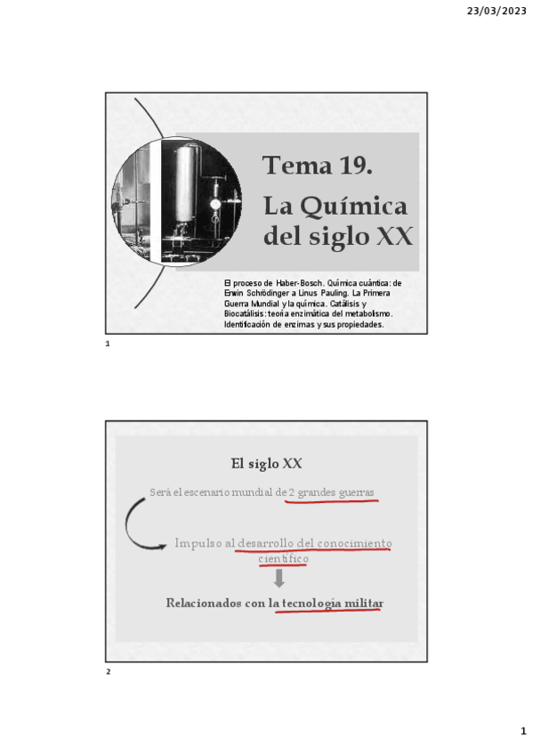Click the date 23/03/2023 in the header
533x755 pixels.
point(496,11)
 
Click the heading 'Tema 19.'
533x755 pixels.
point(317,166)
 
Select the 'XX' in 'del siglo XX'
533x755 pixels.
point(394,237)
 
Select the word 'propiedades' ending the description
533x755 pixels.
point(357,325)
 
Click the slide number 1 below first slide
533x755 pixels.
point(107,344)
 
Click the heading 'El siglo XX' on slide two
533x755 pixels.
point(266,464)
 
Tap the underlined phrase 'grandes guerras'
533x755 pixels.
point(335,492)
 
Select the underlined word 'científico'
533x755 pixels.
point(284,558)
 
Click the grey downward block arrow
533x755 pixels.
point(279,579)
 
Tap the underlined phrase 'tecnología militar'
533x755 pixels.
point(332,604)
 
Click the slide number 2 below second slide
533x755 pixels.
point(108,671)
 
